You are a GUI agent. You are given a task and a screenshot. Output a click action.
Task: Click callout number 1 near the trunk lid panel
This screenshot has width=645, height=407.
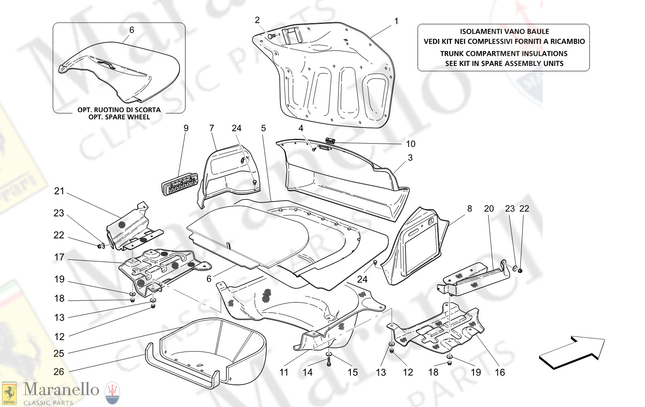point(396,21)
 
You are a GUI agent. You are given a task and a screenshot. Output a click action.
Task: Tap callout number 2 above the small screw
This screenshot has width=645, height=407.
point(257,20)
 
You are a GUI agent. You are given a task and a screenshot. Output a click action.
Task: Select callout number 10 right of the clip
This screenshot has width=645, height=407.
point(410,144)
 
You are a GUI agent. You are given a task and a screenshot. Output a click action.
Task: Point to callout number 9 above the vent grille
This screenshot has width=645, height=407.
point(186,128)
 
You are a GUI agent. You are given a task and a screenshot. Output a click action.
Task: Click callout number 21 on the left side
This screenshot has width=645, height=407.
point(59,191)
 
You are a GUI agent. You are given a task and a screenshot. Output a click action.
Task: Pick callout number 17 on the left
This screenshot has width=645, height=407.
point(59,257)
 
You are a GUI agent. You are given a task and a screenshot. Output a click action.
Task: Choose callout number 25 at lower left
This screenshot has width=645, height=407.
point(59,353)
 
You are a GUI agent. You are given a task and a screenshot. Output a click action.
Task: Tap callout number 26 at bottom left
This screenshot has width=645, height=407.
point(59,371)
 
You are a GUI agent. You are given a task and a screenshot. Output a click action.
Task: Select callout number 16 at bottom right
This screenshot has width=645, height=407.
point(500,372)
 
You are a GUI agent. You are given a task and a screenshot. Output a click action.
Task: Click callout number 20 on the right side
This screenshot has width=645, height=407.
point(489,209)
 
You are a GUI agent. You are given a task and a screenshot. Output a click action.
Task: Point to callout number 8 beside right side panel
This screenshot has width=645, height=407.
point(469,209)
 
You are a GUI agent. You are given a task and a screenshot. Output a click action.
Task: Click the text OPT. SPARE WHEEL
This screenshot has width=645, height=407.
point(119,117)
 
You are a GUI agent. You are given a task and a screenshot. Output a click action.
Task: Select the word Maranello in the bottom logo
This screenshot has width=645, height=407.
point(61,389)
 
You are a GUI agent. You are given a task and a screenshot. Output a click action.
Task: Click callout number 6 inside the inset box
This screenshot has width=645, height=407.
point(131,30)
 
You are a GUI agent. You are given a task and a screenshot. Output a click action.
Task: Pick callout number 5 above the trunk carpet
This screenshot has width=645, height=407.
point(263,128)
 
